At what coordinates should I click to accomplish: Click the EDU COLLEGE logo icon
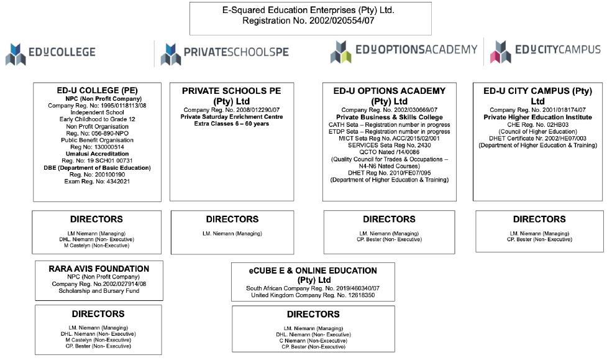16,54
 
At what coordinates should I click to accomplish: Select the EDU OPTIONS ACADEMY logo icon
340,52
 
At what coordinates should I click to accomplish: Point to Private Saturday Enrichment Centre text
232,117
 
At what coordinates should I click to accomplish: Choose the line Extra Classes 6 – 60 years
232,124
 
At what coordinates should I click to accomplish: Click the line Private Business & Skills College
390,117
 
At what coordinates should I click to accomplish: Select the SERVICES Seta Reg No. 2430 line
390,145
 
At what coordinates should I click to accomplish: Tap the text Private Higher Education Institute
538,117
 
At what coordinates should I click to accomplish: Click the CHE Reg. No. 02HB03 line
538,124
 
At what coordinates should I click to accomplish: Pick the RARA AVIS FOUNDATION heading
99,269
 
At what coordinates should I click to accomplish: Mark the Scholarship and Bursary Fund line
99,290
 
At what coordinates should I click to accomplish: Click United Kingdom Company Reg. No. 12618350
313,295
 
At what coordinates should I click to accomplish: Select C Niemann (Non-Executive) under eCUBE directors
313,341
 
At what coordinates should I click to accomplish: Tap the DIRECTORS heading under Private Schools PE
232,219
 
